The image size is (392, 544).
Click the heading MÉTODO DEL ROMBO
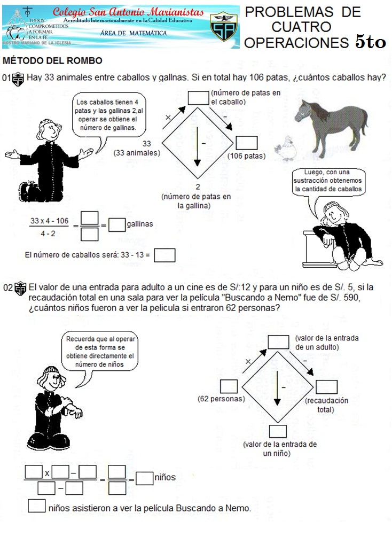point(52,61)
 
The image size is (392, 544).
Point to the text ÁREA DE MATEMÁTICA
point(134,33)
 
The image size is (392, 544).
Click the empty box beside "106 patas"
point(247,143)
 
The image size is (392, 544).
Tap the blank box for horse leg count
point(199,97)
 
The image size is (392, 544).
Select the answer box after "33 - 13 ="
point(164,255)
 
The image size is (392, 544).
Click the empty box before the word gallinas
point(116,225)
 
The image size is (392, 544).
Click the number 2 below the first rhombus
point(198,186)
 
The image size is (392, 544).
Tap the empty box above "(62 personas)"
point(229,386)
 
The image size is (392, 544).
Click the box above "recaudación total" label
point(327,387)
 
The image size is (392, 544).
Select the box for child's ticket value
point(278,431)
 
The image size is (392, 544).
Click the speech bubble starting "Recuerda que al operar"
point(101,352)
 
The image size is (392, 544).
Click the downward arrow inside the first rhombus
point(197,144)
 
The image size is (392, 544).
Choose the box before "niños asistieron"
point(36,506)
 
